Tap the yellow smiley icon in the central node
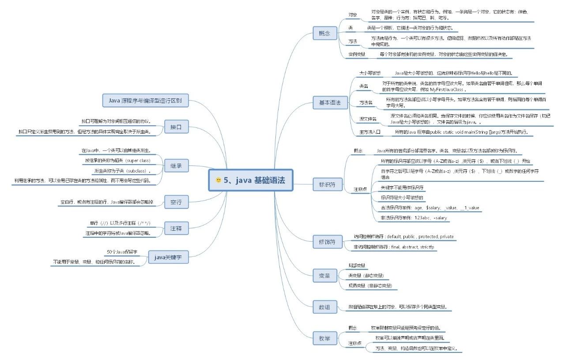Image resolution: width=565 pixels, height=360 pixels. (218, 180)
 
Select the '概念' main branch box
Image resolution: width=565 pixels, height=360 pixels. (324, 33)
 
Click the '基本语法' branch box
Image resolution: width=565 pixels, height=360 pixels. (327, 102)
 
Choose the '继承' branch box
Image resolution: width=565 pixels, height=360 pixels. (176, 166)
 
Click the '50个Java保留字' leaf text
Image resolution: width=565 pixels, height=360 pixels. (122, 252)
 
